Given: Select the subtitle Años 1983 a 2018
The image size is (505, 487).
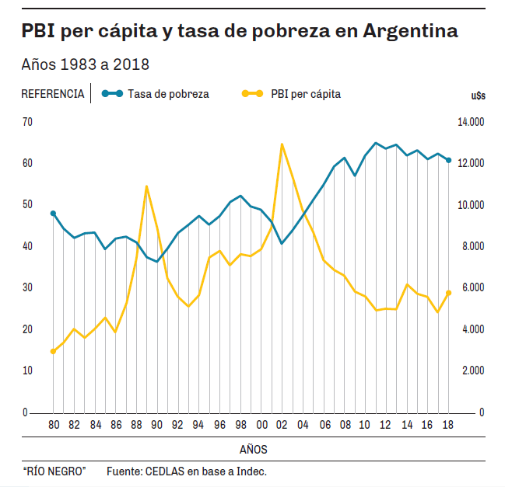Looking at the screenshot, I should click(x=86, y=64).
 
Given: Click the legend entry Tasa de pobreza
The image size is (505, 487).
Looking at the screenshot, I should click(x=168, y=94).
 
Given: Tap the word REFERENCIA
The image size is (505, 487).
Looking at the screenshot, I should click(x=53, y=94).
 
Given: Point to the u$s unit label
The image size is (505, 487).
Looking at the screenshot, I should click(x=478, y=96).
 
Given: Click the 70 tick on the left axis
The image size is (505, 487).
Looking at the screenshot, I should click(x=27, y=122).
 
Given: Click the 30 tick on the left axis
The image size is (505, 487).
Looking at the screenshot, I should click(x=27, y=287).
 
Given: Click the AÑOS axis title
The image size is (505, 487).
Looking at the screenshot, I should click(x=254, y=450).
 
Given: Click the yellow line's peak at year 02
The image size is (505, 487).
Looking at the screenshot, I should click(x=282, y=144).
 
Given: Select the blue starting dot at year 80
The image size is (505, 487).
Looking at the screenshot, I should click(x=53, y=213).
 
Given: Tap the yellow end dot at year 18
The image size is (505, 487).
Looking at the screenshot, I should click(x=448, y=293).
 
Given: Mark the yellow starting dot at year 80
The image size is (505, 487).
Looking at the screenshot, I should click(x=53, y=352).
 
